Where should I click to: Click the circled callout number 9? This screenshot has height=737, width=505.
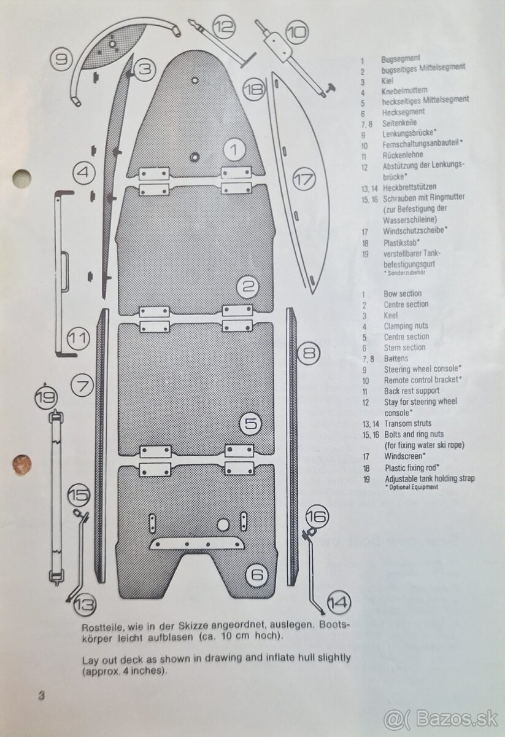tap(61, 60)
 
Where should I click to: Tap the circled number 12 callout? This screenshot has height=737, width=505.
tap(225, 26)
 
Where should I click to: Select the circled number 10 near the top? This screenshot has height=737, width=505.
tap(297, 31)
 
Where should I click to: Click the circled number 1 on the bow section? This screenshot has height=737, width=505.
tap(234, 148)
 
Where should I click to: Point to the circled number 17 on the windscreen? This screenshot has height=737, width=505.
tap(303, 181)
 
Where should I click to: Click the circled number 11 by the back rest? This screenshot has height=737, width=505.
tap(79, 337)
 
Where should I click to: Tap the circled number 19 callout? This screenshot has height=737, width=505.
tap(45, 397)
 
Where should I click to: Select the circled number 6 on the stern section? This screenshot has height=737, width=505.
tap(257, 575)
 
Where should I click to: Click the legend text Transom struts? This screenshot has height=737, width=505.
tap(407, 424)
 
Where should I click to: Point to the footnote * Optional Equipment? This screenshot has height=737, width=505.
tap(412, 486)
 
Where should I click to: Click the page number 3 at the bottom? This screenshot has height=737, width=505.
tap(42, 696)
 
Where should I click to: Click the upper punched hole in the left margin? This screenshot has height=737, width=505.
tap(20, 176)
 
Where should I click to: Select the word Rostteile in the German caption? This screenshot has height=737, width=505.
tap(102, 628)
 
